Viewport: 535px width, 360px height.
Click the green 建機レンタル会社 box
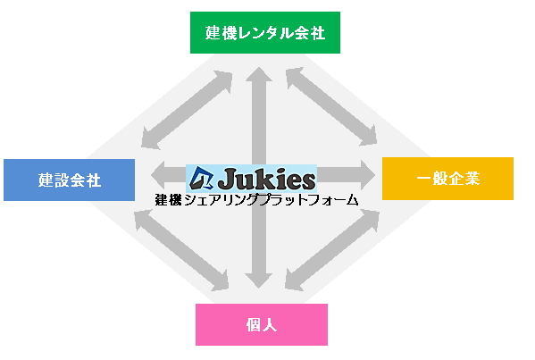pyautogui.click(x=265, y=33)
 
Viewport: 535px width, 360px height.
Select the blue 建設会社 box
pyautogui.click(x=70, y=180)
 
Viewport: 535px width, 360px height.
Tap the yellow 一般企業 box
pyautogui.click(x=447, y=179)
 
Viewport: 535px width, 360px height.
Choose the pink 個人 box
pyautogui.click(x=262, y=324)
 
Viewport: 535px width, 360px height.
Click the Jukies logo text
pyautogui.click(x=266, y=179)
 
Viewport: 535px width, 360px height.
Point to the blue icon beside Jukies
pyautogui.click(x=201, y=178)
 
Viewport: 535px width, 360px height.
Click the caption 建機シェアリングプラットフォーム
pyautogui.click(x=256, y=200)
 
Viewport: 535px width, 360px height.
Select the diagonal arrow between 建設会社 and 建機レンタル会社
pyautogui.click(x=187, y=110)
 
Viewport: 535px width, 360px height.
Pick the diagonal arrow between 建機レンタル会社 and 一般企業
pyautogui.click(x=331, y=106)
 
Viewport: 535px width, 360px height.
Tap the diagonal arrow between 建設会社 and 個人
pyautogui.click(x=181, y=250)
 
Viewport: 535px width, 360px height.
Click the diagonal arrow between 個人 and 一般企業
pyautogui.click(x=332, y=250)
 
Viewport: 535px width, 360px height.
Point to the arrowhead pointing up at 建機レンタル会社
pyautogui.click(x=259, y=74)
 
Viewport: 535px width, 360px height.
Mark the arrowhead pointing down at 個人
pyautogui.click(x=259, y=280)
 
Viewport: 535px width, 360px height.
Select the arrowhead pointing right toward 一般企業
pyautogui.click(x=368, y=175)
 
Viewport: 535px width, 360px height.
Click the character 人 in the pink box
pyautogui.click(x=270, y=325)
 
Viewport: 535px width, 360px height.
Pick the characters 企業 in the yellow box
pyautogui.click(x=464, y=179)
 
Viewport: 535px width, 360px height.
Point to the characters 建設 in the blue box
pyautogui.click(x=54, y=180)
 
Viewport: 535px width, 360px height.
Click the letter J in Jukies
pyautogui.click(x=226, y=179)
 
